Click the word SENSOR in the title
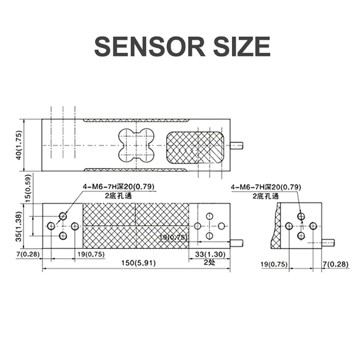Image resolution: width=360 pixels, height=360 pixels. click(150, 46)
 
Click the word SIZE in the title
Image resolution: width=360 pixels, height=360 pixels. click(242, 46)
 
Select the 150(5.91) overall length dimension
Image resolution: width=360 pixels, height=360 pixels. click(139, 263)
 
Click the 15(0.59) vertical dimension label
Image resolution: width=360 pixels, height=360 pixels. click(28, 188)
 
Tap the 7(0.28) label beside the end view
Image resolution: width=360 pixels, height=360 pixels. click(336, 264)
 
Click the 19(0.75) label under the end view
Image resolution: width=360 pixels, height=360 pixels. click(274, 264)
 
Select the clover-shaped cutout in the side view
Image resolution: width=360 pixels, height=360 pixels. click(136, 145)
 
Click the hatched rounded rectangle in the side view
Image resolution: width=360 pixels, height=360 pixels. click(195, 148)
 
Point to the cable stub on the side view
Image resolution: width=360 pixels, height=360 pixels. click(237, 145)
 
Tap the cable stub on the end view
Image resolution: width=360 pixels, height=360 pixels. click(328, 243)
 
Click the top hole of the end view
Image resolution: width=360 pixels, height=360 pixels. click(301, 216)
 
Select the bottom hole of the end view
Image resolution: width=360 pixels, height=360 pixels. click(301, 235)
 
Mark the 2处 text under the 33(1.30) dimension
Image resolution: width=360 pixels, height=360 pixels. click(210, 262)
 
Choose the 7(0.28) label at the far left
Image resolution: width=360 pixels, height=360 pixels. click(28, 254)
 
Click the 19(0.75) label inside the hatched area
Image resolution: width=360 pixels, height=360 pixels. click(173, 237)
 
